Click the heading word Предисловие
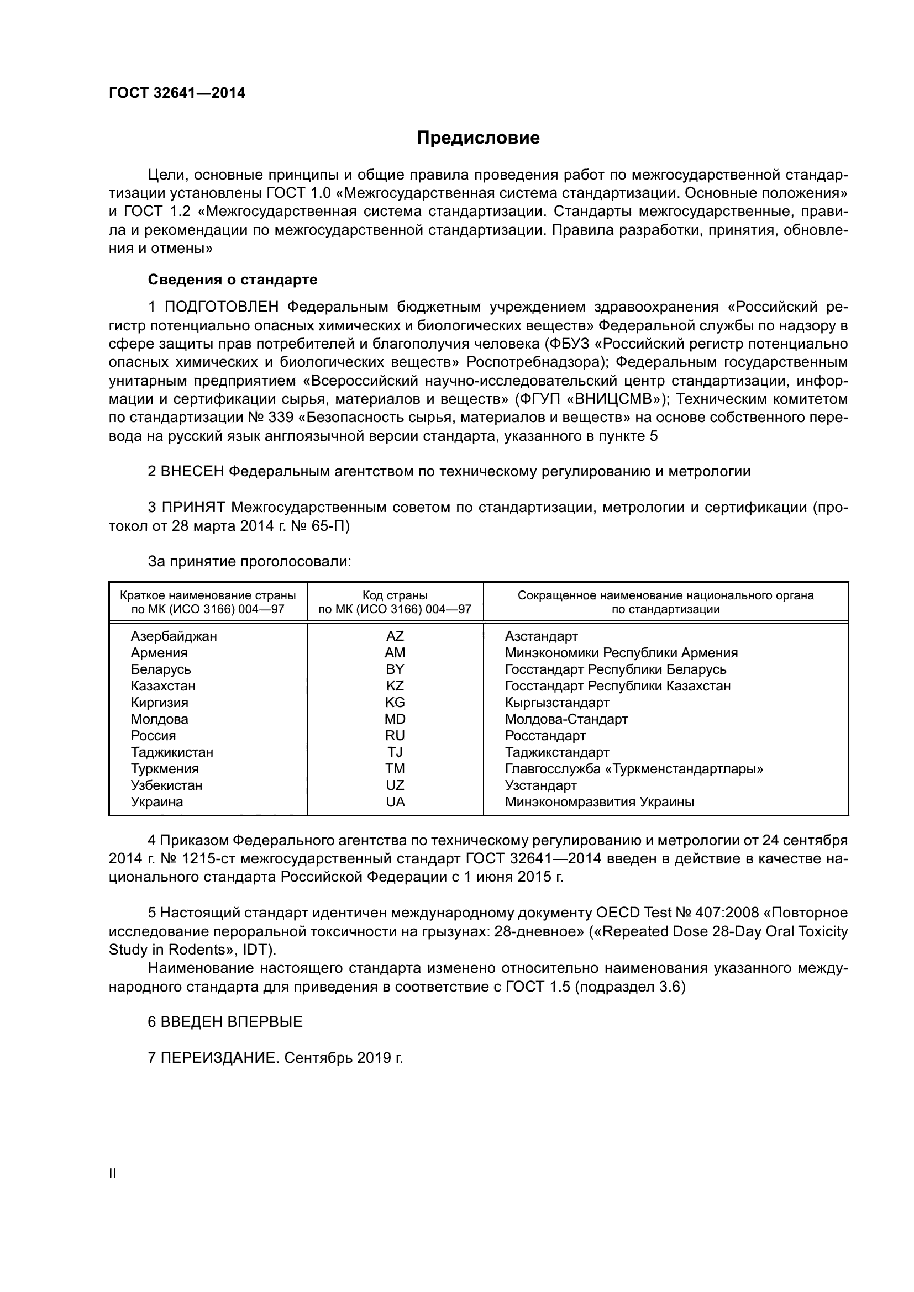(478, 138)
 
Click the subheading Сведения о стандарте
(233, 280)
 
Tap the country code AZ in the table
(395, 636)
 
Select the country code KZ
(395, 686)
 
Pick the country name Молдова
(159, 719)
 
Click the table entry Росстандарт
(545, 736)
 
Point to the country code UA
(395, 802)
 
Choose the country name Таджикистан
(172, 752)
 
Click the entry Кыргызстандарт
(556, 703)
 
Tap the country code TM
(395, 769)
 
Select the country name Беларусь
(160, 669)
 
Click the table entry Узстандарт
(540, 785)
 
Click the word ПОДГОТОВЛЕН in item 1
(221, 307)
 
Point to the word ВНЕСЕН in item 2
(192, 472)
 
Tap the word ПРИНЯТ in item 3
(193, 508)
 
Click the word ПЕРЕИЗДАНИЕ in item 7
(219, 1058)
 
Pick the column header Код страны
(395, 595)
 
